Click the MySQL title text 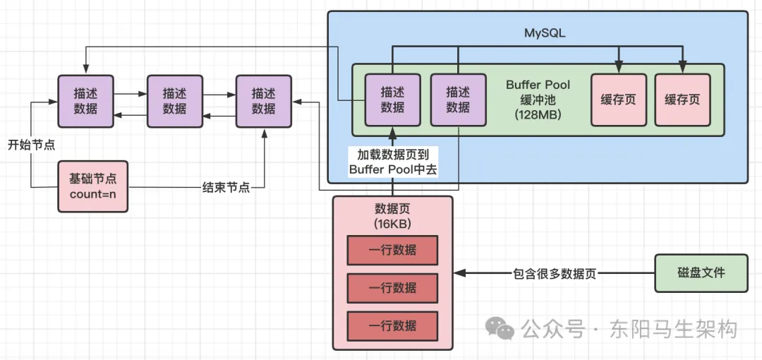[x=545, y=33]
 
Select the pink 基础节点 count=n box [x=92, y=186]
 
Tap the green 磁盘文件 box [x=701, y=273]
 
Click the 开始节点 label [x=31, y=145]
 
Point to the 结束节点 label [x=226, y=188]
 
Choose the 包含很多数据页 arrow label [x=555, y=274]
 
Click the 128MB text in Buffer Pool [x=538, y=114]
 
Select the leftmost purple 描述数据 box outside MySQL [x=85, y=101]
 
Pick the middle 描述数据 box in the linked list [x=174, y=101]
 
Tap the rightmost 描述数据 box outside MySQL [x=263, y=101]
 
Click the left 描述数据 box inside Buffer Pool [x=392, y=100]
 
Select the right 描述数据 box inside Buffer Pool [x=458, y=100]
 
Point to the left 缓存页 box [x=618, y=100]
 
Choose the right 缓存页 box [x=682, y=100]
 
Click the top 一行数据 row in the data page [x=392, y=250]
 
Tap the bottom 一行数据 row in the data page [x=392, y=325]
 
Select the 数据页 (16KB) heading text [x=392, y=215]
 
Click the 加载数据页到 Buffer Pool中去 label [x=394, y=162]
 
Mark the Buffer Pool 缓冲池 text [x=538, y=92]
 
